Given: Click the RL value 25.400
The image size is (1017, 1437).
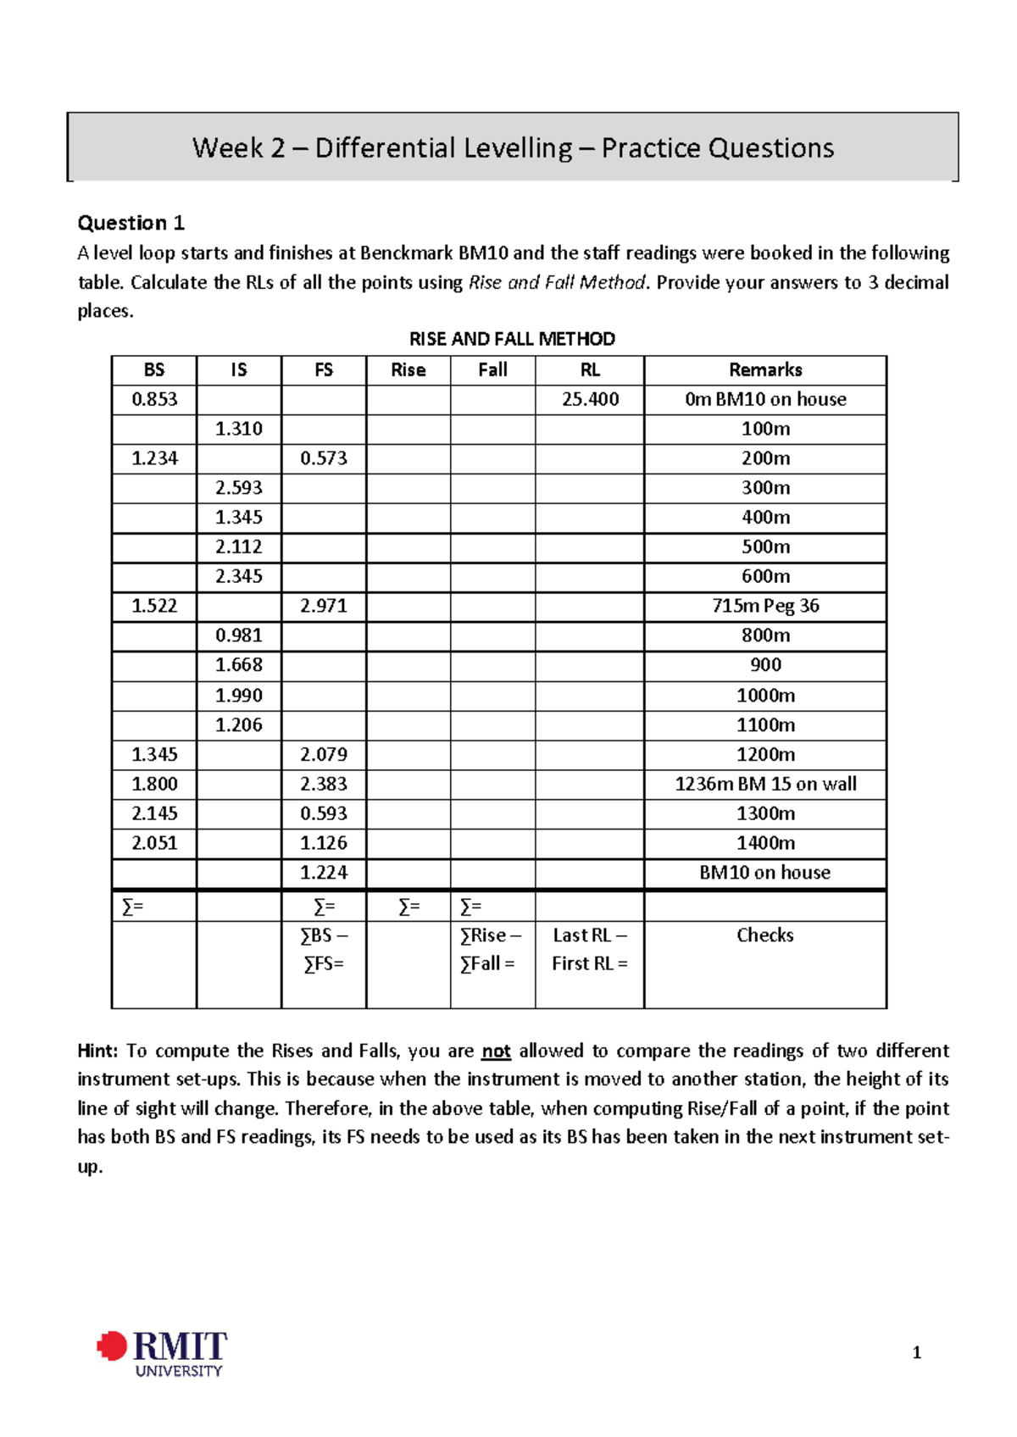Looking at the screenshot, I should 590,399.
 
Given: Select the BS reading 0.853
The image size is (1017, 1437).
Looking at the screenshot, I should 154,399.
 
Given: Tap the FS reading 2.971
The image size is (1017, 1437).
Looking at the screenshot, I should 324,606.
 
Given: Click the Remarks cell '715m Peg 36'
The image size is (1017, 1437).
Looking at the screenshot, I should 765,606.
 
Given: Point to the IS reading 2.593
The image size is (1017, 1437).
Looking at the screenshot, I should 239,488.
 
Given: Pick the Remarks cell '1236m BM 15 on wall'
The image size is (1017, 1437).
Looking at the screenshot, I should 765,784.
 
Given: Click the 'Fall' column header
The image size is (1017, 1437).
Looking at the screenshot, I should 492,369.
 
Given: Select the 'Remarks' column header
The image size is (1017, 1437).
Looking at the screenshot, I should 765,369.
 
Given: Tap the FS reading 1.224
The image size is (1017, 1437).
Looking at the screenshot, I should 324,873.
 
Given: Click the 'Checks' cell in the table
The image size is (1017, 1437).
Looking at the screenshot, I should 764,935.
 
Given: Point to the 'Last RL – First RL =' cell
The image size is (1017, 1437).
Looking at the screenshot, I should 590,949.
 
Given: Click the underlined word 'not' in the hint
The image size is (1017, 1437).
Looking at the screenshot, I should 496,1051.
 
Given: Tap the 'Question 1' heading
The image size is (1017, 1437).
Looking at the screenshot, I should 131,223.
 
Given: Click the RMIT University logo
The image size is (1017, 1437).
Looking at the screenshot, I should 163,1352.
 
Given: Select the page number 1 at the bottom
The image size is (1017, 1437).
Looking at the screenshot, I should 916,1353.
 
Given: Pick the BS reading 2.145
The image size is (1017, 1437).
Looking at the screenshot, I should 154,813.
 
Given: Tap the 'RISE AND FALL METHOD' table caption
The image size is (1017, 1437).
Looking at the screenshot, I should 512,339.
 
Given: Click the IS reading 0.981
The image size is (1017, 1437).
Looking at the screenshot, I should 239,635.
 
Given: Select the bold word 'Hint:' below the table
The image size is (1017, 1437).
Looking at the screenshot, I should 97,1051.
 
